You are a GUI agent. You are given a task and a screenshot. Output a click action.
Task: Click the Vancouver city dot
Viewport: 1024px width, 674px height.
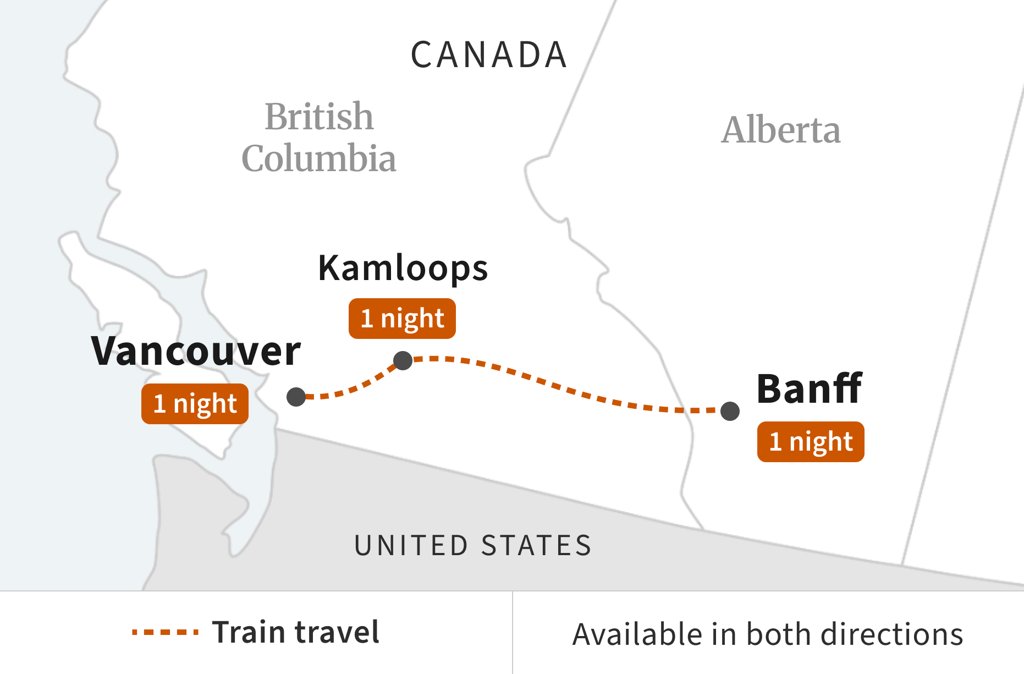click(296, 397)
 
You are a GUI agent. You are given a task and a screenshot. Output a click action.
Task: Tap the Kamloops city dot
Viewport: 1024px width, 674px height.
click(403, 361)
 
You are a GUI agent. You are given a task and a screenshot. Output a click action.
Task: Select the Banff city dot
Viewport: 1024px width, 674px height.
click(730, 411)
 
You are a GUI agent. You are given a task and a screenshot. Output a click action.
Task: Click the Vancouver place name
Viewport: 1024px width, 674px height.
click(196, 352)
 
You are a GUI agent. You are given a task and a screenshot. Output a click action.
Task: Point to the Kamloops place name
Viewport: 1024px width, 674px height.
click(403, 268)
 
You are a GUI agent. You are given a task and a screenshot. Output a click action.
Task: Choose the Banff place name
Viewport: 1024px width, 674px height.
click(809, 389)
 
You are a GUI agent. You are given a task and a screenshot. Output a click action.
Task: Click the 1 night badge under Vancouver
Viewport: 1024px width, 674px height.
click(195, 404)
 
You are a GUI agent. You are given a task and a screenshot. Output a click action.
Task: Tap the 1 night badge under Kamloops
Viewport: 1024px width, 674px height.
click(402, 319)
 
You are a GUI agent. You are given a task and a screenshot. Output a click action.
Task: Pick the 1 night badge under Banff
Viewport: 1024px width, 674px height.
click(811, 442)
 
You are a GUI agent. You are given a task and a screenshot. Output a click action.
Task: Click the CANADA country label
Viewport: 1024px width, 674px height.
click(489, 55)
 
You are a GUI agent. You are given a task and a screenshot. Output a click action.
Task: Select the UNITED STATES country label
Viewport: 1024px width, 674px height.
click(473, 546)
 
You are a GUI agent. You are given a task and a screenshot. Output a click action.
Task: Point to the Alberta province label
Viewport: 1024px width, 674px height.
click(781, 130)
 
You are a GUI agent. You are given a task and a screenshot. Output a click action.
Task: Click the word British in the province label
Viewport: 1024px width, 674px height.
click(319, 117)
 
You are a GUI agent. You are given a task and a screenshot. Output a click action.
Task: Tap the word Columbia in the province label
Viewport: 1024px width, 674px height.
click(319, 158)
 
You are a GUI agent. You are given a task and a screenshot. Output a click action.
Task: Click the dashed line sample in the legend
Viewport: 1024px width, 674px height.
click(165, 632)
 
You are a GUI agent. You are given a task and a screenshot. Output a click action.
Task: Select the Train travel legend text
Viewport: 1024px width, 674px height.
click(296, 632)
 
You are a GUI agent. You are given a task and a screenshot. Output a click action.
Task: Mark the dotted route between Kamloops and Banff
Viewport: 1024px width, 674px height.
click(566, 390)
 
